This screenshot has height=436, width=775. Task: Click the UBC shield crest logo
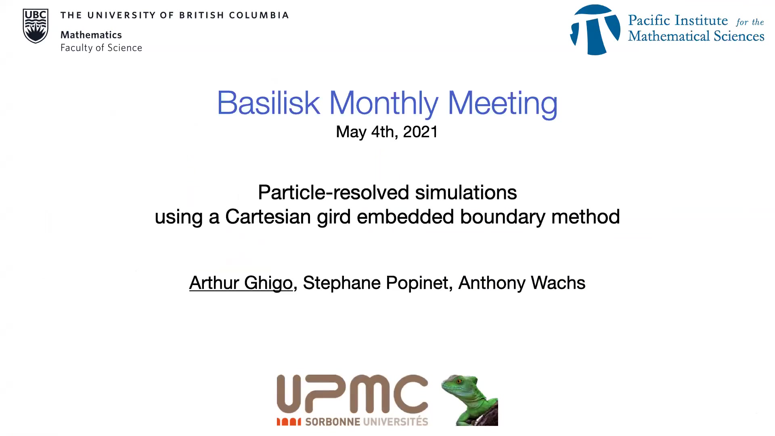36,26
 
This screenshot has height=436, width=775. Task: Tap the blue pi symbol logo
595,30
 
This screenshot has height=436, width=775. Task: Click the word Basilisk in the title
268,103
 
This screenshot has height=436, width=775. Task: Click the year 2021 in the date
420,132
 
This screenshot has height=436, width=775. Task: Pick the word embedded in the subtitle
406,217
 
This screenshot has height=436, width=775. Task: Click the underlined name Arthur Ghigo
241,283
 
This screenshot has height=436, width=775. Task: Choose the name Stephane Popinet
376,283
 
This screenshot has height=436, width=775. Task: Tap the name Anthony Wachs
522,283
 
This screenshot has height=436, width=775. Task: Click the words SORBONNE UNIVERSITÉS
367,421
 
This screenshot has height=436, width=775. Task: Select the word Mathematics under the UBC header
91,35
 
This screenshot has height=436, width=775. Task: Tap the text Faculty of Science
101,48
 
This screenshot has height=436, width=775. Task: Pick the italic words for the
750,22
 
